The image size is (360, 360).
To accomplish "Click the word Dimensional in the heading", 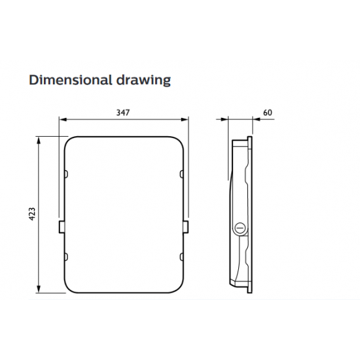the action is click(70, 80).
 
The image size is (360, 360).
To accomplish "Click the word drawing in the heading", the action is click(143, 81).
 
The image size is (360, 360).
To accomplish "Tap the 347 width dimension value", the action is click(123, 113).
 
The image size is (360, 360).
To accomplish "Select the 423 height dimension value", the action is click(32, 214).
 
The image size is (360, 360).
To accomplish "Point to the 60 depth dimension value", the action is click(268, 113).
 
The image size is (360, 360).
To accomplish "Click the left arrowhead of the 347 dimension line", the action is click(63, 119).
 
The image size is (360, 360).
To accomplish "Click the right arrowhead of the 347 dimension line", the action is click(185, 119).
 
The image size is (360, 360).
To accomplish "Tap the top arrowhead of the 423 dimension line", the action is click(39, 140).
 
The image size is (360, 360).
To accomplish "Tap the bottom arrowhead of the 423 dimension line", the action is click(39, 289).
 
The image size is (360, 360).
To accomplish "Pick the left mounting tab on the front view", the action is click(62, 227).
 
